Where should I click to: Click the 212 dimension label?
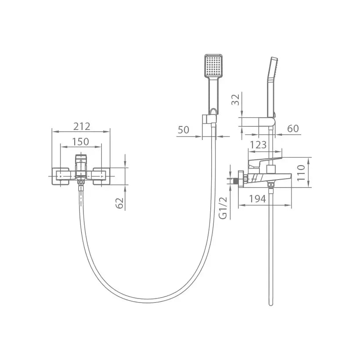point(82,126)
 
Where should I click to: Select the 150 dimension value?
point(81,142)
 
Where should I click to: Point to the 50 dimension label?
point(184,130)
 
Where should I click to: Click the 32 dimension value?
point(235,99)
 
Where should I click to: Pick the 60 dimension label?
point(293,129)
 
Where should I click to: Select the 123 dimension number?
point(258,145)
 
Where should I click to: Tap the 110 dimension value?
point(301,173)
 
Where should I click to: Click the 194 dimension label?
point(258,199)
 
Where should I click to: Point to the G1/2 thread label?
point(223,208)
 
